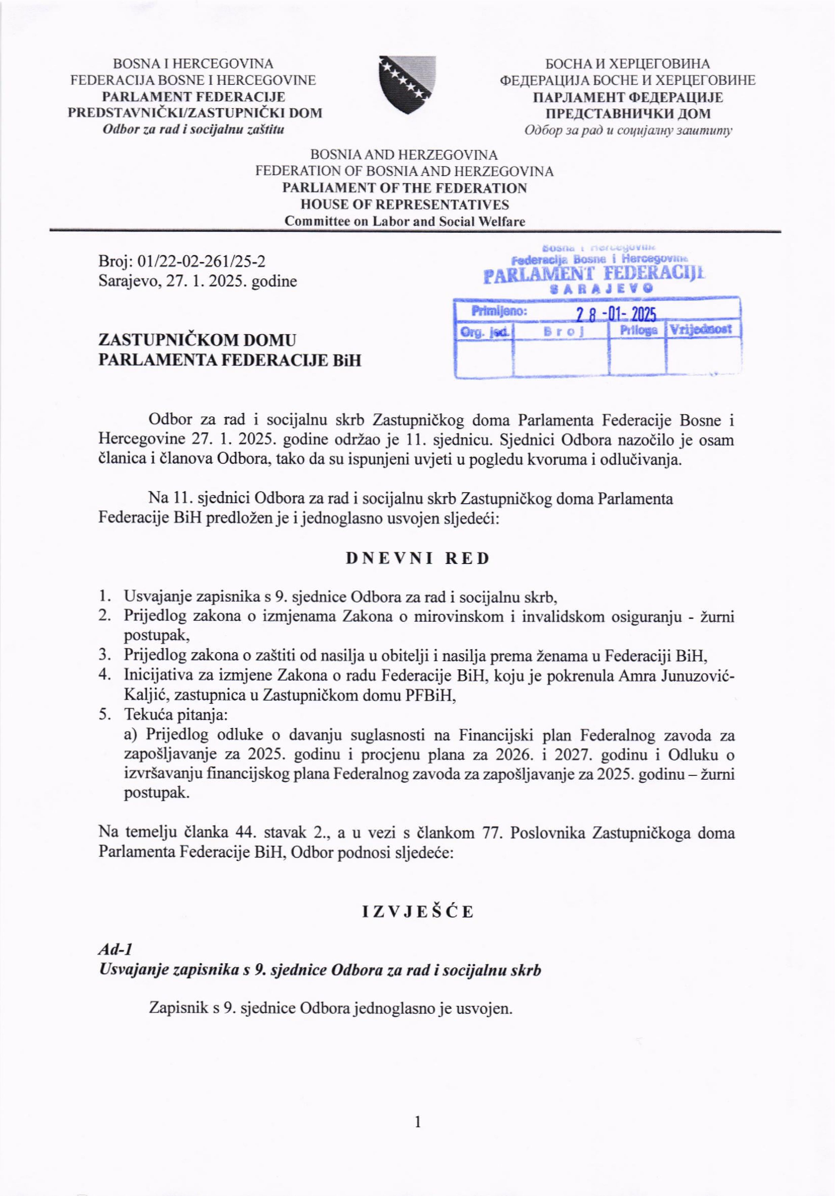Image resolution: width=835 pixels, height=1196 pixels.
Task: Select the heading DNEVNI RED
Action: [x=417, y=558]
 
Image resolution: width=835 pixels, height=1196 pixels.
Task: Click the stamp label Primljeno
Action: [x=499, y=312]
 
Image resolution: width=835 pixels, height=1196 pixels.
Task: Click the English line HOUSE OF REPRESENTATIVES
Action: [x=404, y=205]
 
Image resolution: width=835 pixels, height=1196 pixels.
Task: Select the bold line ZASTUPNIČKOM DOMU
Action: [x=197, y=340]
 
